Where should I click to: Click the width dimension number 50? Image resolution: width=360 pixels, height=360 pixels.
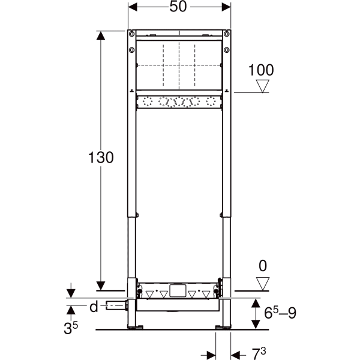[x=179, y=8]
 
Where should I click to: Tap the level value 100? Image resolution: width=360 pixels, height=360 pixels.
[x=261, y=70]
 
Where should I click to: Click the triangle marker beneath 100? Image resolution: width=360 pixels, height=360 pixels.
[x=262, y=86]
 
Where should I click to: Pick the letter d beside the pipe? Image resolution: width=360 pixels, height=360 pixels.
[x=93, y=307]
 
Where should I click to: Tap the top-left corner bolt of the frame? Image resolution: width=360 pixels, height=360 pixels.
[x=131, y=34]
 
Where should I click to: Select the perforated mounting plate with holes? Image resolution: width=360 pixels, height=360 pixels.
[x=179, y=102]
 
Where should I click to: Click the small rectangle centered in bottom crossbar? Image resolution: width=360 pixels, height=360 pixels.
[x=179, y=292]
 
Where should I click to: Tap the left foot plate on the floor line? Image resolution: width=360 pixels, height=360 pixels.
[x=137, y=328]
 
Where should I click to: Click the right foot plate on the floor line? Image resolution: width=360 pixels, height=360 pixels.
[x=221, y=328]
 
